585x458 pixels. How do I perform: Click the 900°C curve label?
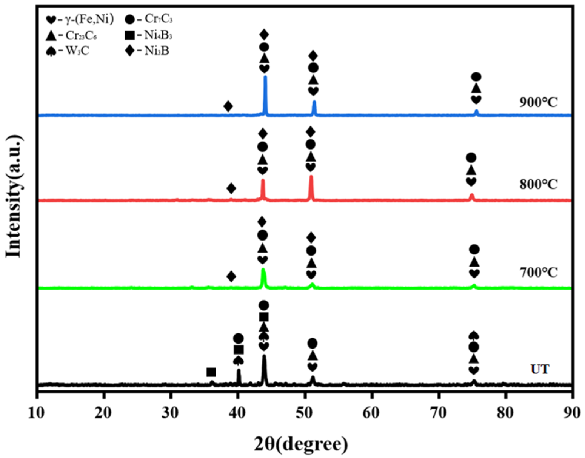click(538, 103)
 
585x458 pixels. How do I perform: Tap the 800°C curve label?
click(538, 184)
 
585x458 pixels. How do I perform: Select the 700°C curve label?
click(538, 272)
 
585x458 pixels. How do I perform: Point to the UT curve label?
click(540, 369)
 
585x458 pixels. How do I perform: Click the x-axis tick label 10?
click(37, 413)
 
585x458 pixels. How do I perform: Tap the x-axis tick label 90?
click(572, 413)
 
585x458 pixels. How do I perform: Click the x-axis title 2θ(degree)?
click(301, 445)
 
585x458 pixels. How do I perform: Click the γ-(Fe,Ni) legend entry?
click(80, 19)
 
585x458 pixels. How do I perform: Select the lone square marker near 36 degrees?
click(211, 372)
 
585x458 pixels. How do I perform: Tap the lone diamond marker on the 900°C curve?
click(228, 106)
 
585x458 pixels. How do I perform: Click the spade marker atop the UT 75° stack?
click(474, 335)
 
